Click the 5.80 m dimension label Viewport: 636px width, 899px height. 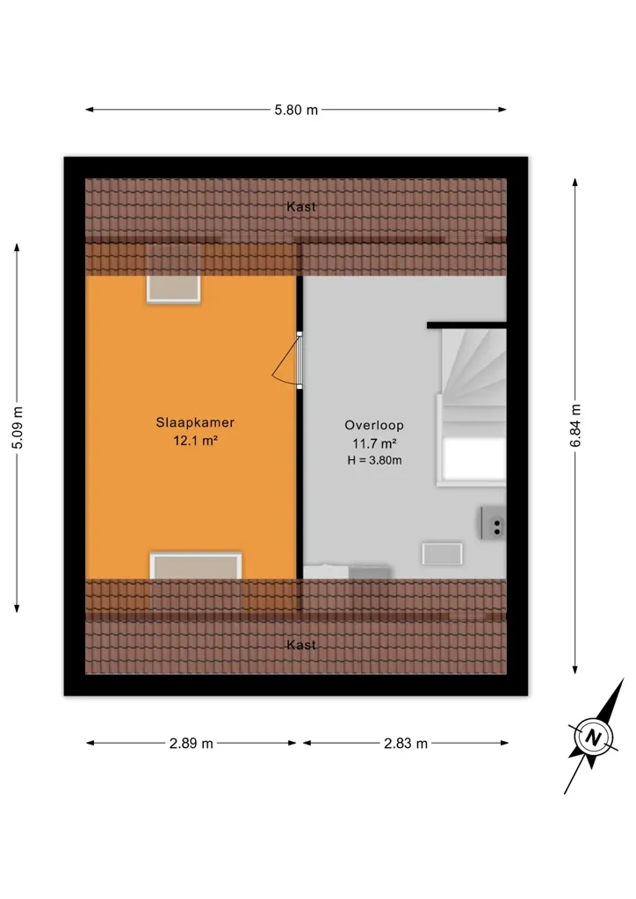tap(296, 110)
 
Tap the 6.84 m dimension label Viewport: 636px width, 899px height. tap(575, 426)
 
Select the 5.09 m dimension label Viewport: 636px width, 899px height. tap(18, 428)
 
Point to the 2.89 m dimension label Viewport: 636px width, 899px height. tap(191, 744)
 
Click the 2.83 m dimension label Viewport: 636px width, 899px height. tap(406, 744)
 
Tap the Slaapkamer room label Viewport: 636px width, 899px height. tap(195, 422)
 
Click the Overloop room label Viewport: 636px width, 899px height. tap(374, 426)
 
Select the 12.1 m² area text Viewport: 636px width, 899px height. tap(196, 441)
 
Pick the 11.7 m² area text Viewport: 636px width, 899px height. tap(374, 443)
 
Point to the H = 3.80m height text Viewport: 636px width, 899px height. tap(374, 460)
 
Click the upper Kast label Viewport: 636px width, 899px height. tap(301, 207)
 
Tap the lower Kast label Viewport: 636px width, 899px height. tap(301, 645)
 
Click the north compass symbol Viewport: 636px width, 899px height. tap(594, 737)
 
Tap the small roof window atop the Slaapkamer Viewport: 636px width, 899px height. tap(173, 288)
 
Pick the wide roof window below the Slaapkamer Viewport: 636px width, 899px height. tap(196, 566)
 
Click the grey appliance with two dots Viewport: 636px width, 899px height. tap(493, 523)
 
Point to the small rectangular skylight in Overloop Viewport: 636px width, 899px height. tap(442, 554)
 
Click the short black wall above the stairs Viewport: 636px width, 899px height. tap(466, 326)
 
